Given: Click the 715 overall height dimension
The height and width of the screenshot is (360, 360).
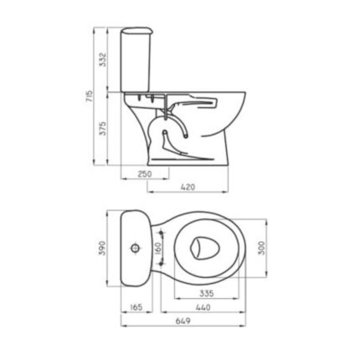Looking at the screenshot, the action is click(x=89, y=96).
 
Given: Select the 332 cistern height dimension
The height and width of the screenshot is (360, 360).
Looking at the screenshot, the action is click(x=103, y=59).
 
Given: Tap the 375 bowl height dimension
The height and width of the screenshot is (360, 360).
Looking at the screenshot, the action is click(x=103, y=128).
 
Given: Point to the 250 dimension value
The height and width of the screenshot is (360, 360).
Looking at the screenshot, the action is click(x=145, y=174).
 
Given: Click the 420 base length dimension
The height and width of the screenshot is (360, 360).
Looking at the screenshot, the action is click(x=188, y=188).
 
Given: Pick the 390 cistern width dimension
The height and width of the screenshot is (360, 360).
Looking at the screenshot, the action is click(x=102, y=248).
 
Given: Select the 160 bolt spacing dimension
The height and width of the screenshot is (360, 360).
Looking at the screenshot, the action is click(x=157, y=248).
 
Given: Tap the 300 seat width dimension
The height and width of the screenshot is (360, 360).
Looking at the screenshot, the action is click(x=261, y=248).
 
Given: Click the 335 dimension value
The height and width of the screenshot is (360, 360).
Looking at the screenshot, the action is click(x=207, y=293).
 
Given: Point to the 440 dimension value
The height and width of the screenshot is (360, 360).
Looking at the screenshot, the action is click(x=203, y=307).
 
